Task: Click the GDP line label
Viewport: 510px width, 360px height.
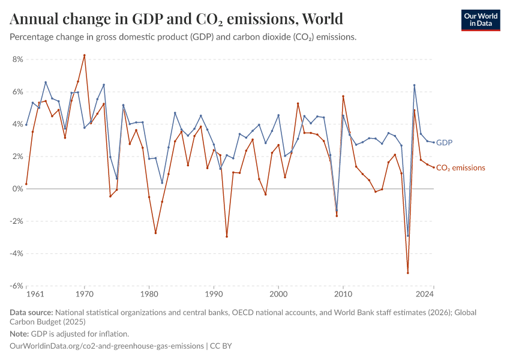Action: point(444,143)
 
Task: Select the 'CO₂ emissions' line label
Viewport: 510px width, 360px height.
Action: point(460,168)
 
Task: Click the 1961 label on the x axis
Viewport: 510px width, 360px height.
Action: point(35,295)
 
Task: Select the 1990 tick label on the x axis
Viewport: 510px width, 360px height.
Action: point(214,295)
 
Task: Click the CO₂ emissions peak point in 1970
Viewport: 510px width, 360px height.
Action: point(84,55)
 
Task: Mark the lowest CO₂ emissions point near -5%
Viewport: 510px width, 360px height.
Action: point(408,273)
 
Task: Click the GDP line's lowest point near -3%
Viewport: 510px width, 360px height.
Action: point(408,236)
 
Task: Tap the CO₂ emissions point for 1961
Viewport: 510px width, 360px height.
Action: point(26,184)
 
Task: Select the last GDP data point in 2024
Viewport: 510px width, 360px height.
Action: point(434,142)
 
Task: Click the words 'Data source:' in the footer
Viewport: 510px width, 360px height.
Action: point(31,313)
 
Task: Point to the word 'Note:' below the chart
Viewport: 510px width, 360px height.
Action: point(21,334)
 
